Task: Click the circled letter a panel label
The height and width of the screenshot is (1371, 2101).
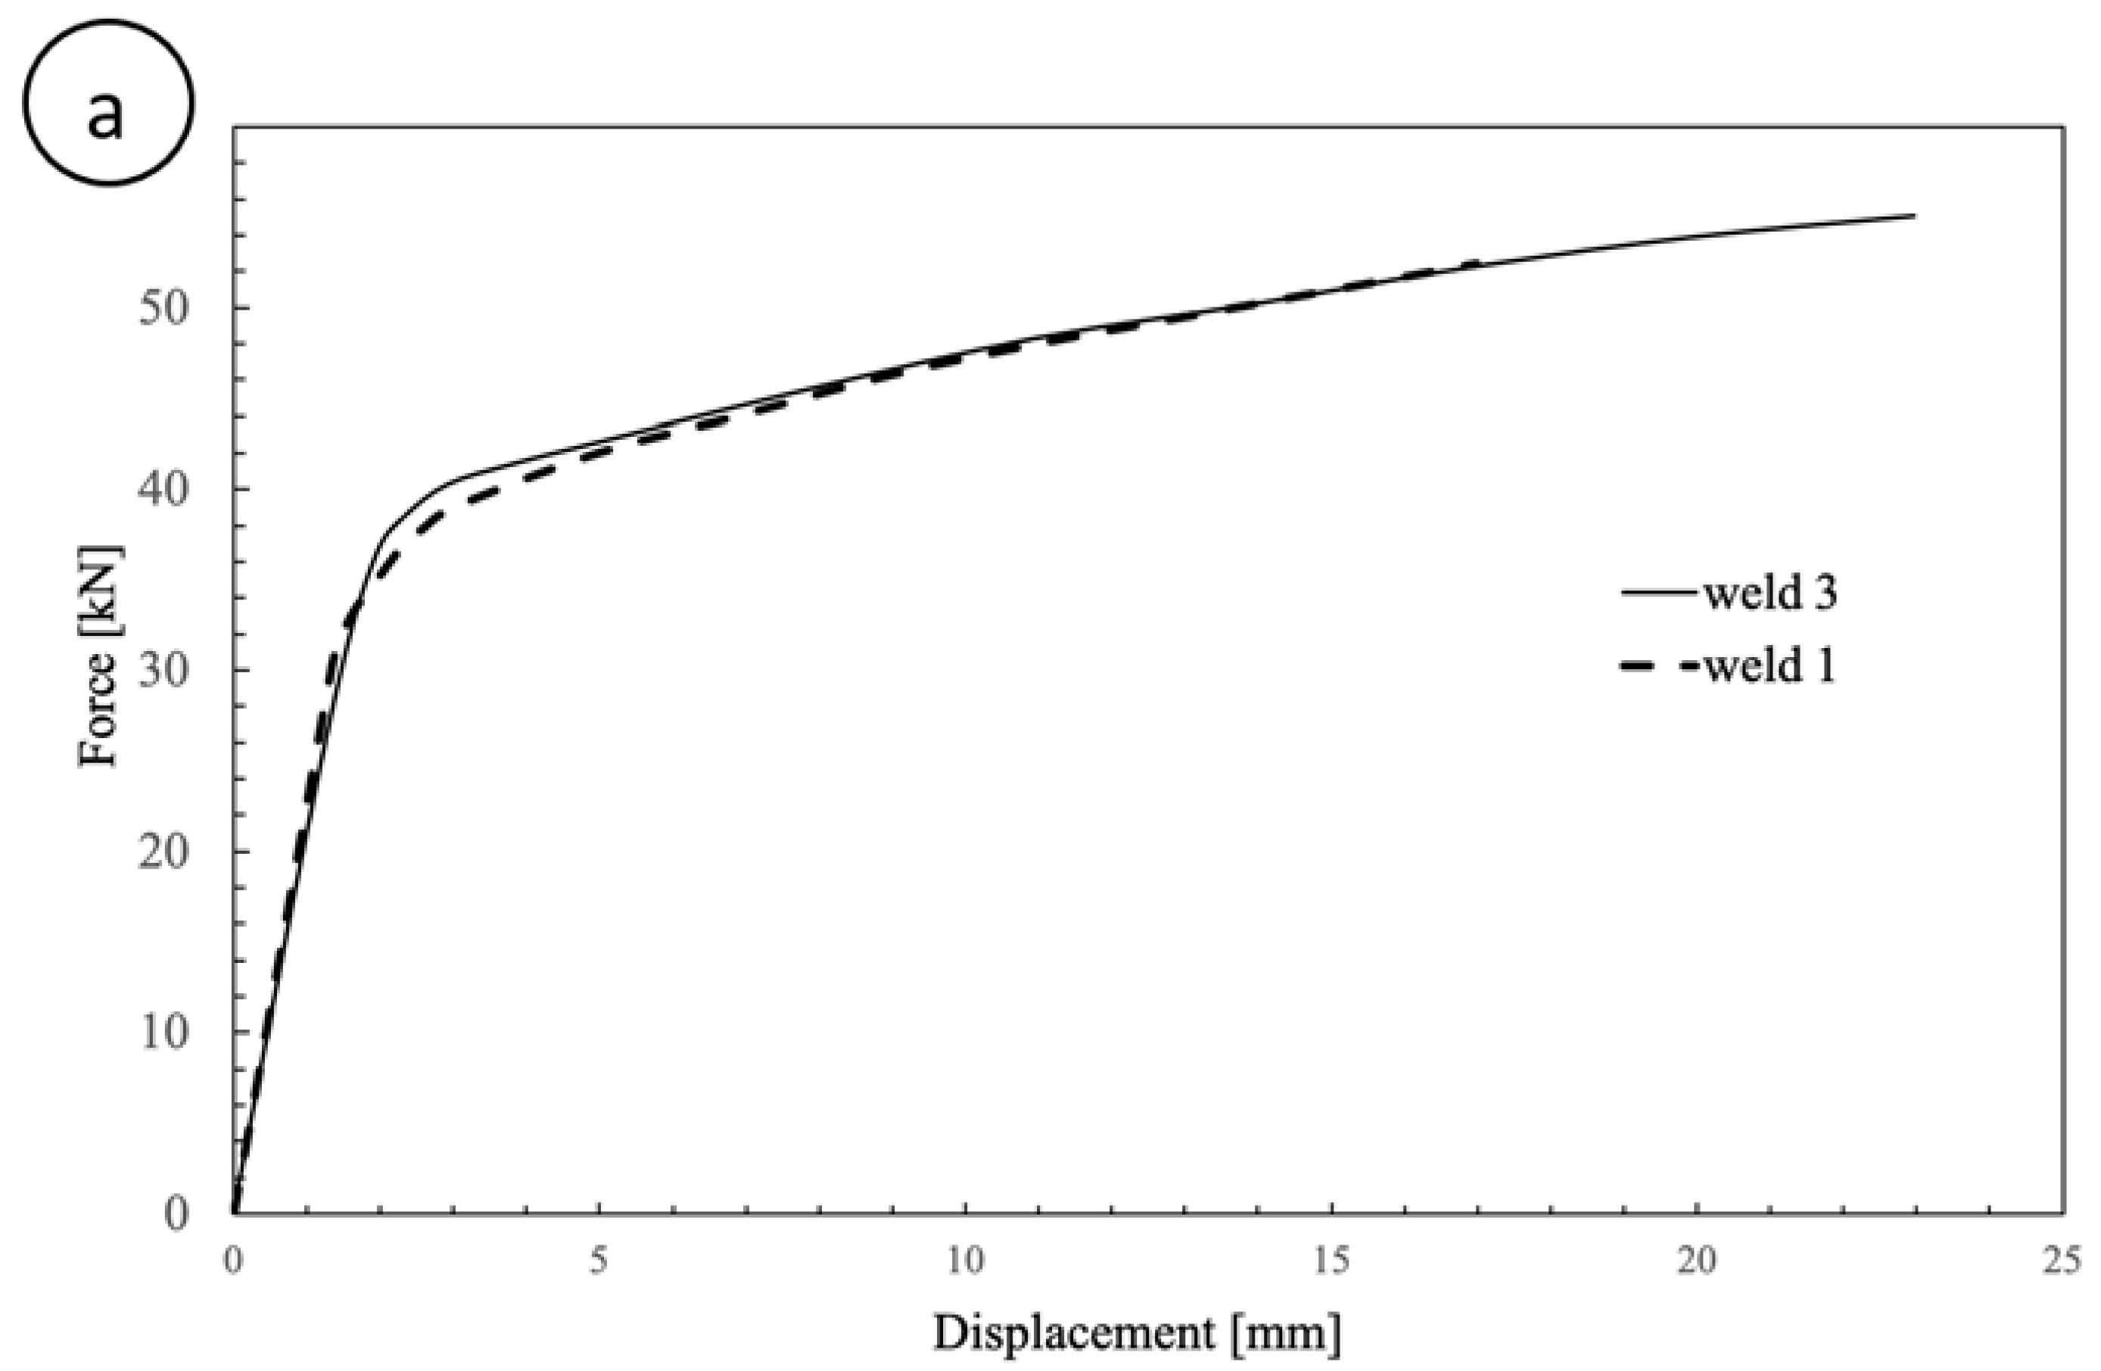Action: click(107, 104)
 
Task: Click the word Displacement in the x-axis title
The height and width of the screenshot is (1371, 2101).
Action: click(1073, 1332)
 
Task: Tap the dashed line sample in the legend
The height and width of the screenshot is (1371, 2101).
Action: click(1659, 668)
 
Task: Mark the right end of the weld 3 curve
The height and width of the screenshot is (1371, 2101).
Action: click(1914, 216)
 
